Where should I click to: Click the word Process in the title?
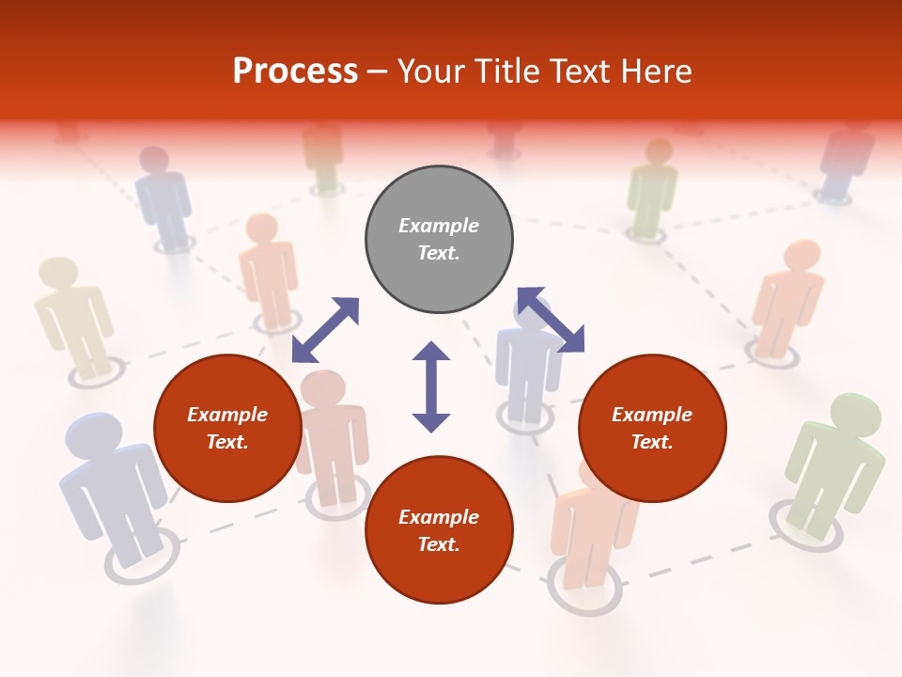click(295, 71)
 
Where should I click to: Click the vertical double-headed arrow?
click(431, 386)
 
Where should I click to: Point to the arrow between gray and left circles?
click(325, 329)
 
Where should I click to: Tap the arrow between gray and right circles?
click(551, 321)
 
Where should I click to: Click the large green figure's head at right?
click(855, 415)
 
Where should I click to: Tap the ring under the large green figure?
click(799, 525)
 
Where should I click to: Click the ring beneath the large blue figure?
click(141, 560)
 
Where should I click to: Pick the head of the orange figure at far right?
click(801, 256)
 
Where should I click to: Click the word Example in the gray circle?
click(439, 226)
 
